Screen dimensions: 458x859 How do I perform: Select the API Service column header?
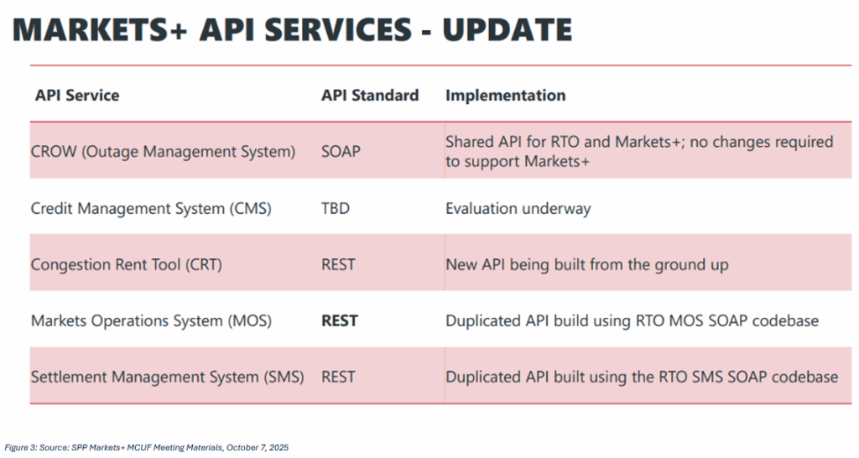[x=77, y=95]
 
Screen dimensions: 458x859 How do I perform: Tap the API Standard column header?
[x=370, y=95]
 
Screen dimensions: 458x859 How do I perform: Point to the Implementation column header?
[x=505, y=95]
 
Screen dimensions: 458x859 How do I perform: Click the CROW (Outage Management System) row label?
[x=163, y=152]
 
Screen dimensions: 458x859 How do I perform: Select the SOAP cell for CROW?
[x=341, y=152]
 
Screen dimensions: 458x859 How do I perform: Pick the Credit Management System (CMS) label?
[x=151, y=209]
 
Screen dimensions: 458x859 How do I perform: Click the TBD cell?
[x=336, y=209]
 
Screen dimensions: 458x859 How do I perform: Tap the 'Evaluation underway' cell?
[x=518, y=209]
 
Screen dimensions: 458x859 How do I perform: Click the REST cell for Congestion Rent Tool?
[x=338, y=264]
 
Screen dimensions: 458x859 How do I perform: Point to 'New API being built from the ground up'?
[x=586, y=264]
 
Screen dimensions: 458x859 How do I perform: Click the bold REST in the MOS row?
[x=339, y=320]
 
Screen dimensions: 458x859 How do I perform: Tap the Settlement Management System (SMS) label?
[x=167, y=377]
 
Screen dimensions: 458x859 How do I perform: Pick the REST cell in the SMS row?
[x=338, y=377]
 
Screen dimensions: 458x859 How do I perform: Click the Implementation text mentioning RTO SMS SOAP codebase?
[x=641, y=377]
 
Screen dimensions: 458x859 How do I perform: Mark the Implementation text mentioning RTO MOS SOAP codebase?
[x=632, y=320]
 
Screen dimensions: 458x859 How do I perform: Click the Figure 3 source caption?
[x=147, y=448]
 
